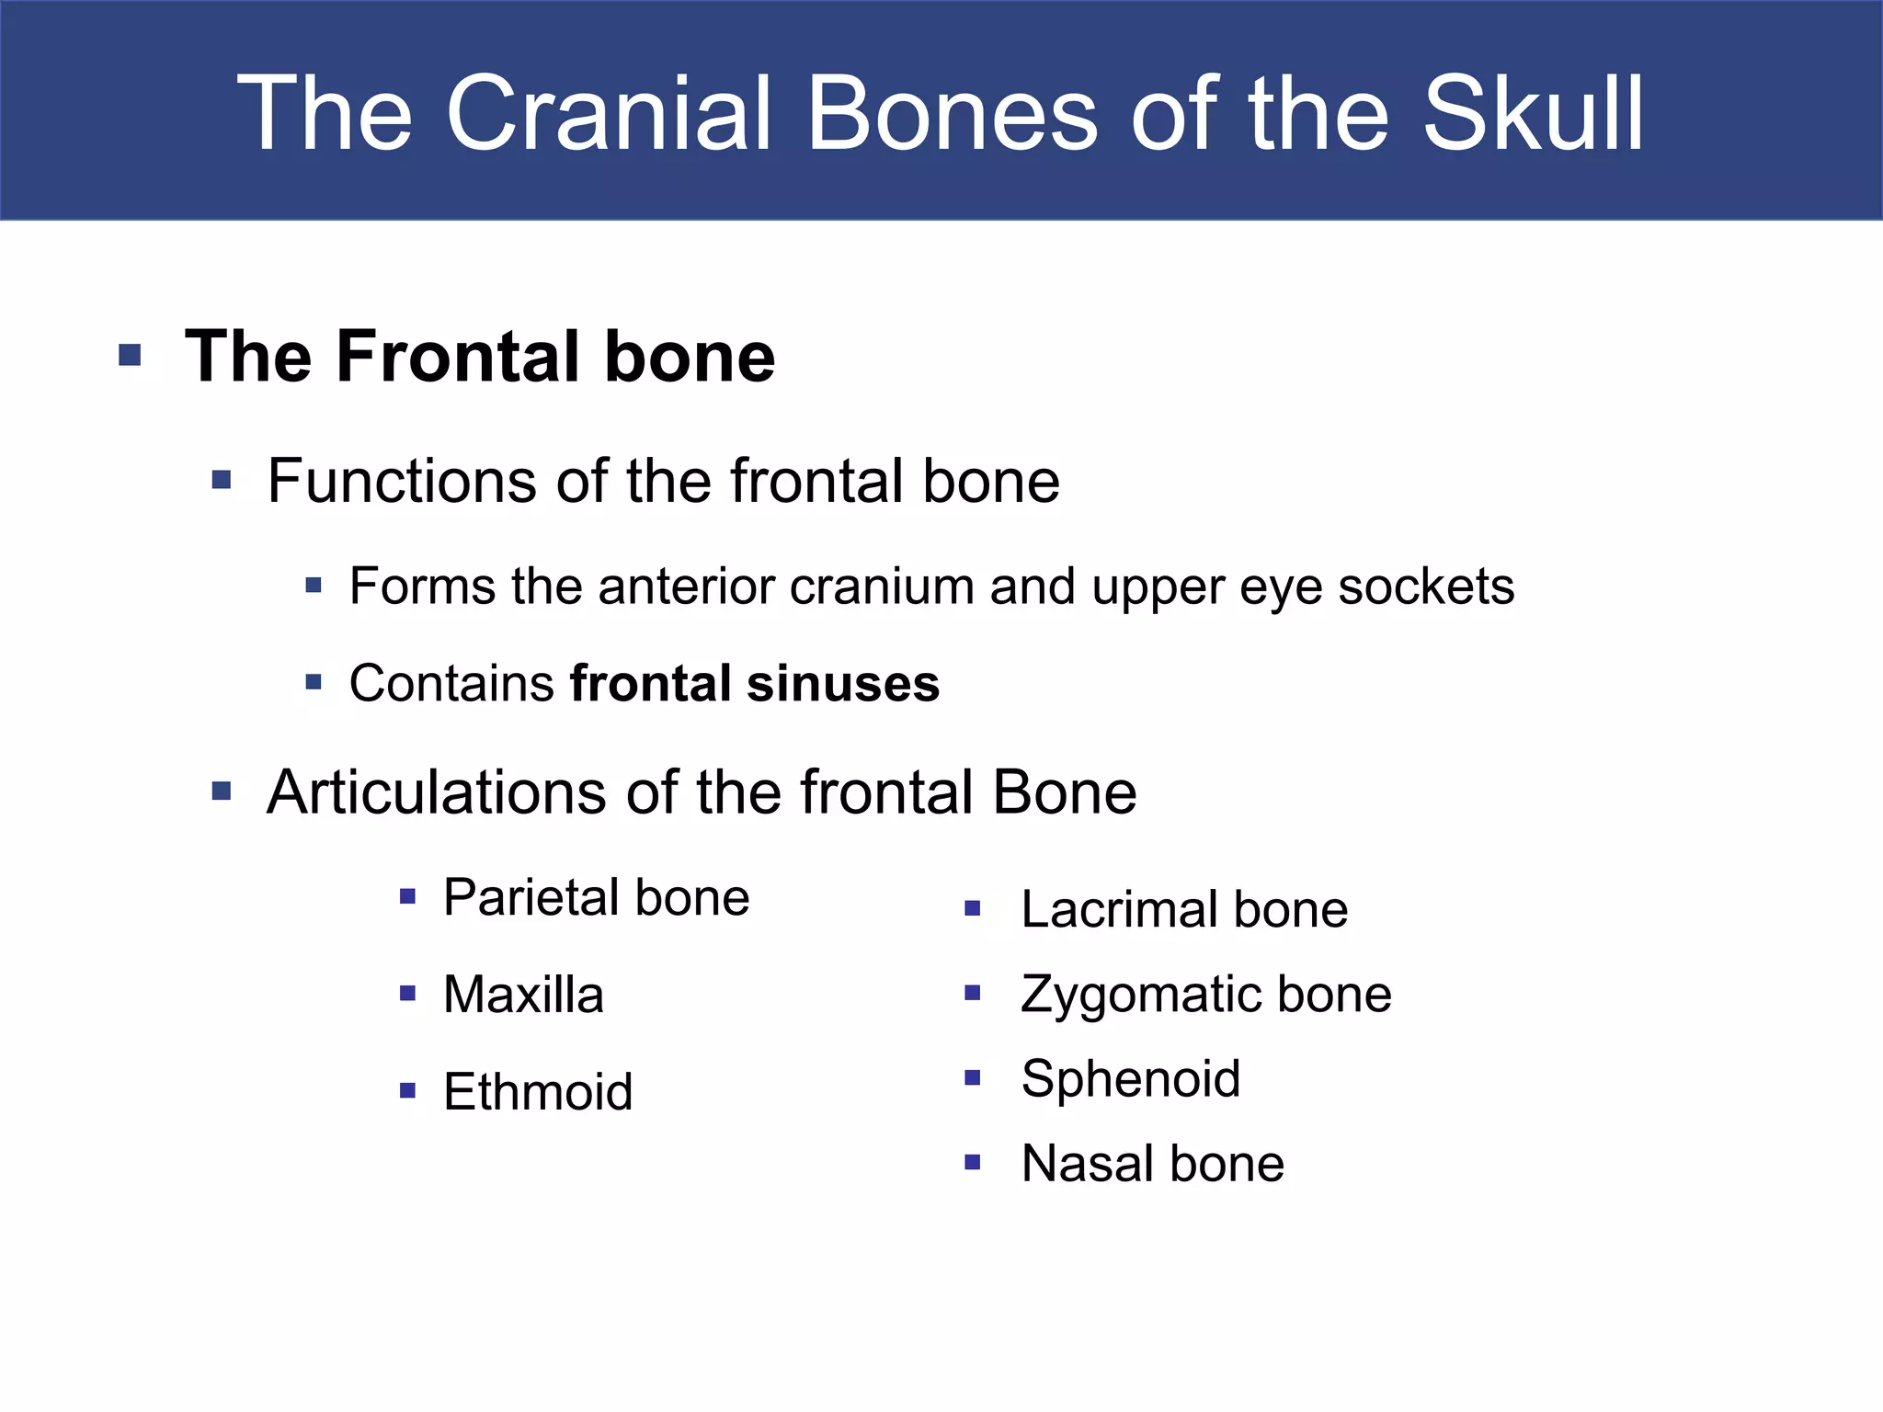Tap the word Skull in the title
1533,114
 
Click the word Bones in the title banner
952,114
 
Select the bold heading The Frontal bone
480,357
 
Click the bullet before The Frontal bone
130,355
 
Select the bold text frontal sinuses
755,684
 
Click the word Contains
451,684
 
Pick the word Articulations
436,792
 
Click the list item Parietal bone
596,897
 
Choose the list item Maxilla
523,995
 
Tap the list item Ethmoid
538,1092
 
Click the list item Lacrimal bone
1184,910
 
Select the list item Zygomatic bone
1206,995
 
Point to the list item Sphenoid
1131,1078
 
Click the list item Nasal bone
1152,1164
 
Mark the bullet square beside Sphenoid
973,1077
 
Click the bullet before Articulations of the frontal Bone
222,791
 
